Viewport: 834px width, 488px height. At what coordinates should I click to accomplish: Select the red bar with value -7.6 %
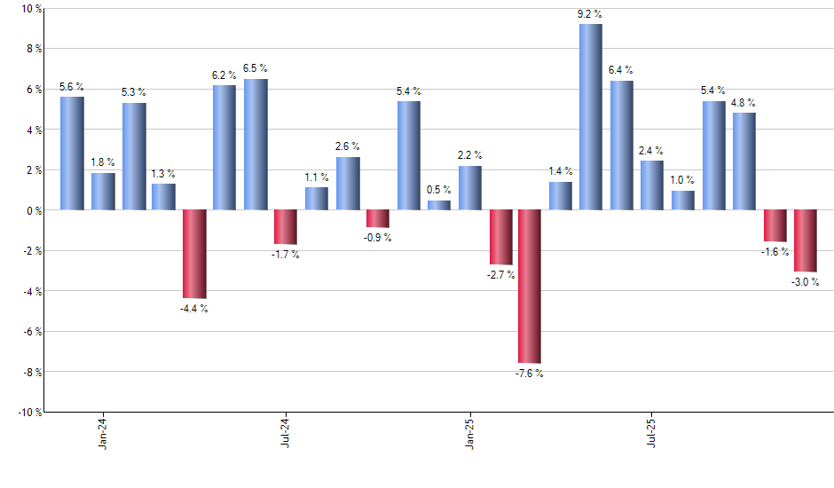coord(530,287)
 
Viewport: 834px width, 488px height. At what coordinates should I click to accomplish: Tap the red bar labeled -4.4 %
coord(194,254)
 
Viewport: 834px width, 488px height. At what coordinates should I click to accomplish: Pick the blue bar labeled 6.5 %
coord(256,145)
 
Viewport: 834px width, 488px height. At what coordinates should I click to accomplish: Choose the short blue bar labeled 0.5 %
coord(439,205)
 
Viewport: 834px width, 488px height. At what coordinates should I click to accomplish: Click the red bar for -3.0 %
coord(806,240)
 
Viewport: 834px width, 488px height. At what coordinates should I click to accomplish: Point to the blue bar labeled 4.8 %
coord(744,161)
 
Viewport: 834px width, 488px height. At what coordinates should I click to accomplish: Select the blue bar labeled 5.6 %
coord(72,153)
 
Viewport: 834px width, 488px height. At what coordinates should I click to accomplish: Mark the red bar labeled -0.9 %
coord(378,218)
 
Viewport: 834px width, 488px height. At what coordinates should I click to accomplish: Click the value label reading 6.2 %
coord(224,76)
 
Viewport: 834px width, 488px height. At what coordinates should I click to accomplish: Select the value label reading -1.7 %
coord(286,256)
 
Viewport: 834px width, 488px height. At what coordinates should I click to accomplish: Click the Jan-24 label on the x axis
coord(103,433)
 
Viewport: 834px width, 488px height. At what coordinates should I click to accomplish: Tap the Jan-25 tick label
coord(469,433)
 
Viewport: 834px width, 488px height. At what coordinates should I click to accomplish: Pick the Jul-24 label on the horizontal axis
coord(286,433)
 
